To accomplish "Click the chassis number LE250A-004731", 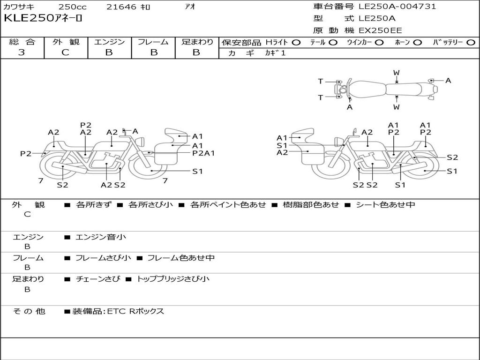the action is [397, 7].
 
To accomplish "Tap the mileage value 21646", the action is [121, 7].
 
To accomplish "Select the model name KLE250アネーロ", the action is [43, 19].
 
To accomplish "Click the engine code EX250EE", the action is [380, 31].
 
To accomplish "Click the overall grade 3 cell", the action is [22, 52].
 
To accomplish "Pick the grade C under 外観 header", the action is [66, 52].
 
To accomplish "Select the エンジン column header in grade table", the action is [110, 42].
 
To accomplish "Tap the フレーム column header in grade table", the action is [153, 42].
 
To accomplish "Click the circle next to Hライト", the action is [296, 42].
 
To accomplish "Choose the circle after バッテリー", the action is [471, 42].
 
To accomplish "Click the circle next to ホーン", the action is [417, 42].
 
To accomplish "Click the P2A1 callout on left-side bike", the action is [203, 153].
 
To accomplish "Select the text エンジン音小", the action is [100, 237].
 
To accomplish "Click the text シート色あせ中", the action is [385, 204].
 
